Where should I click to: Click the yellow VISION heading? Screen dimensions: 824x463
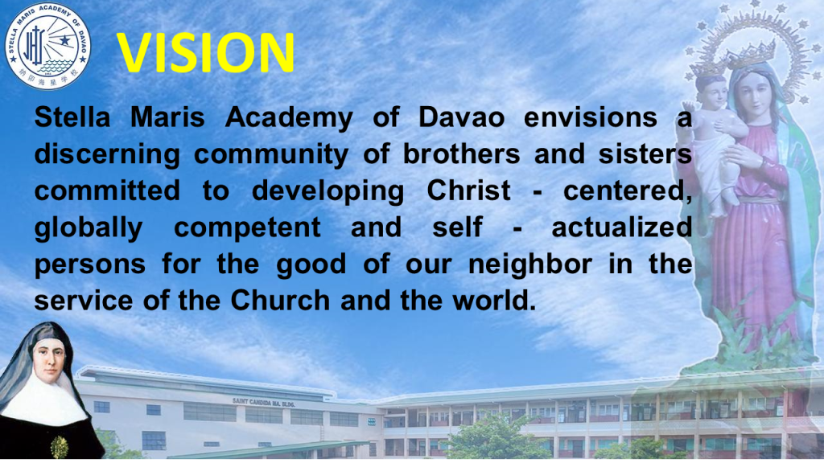[x=205, y=52]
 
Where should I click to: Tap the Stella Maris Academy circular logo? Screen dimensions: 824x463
[x=47, y=46]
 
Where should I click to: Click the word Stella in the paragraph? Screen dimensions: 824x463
[x=72, y=117]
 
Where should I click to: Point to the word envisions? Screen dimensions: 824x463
[x=590, y=117]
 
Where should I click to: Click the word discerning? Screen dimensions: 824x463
[x=107, y=155]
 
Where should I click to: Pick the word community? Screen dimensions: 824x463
[x=271, y=155]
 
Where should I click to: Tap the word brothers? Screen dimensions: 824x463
[x=461, y=154]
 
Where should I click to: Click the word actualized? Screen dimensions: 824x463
[x=621, y=227]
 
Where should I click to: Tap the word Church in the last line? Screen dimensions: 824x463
[x=280, y=301]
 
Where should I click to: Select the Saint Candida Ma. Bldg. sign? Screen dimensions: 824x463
[x=263, y=404]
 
